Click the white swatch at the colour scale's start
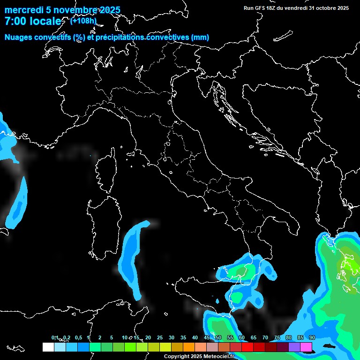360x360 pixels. pos(48,347)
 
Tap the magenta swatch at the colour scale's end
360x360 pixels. pos(306,347)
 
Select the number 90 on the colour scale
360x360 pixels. pos(312,337)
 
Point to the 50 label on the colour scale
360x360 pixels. pos(218,337)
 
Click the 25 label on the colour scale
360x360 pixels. pos(160,337)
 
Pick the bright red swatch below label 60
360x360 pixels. pos(247,347)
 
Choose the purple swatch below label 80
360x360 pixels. pos(294,347)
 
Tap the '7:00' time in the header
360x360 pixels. pos(17,21)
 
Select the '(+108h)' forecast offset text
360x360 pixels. pos(83,21)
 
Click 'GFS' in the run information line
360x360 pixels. pos(260,8)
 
